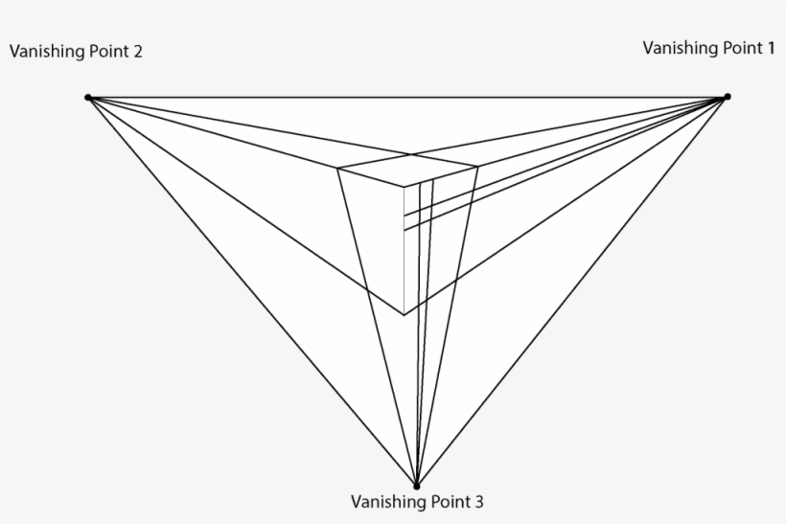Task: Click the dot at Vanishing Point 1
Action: point(727,97)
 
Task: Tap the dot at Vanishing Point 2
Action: point(87,98)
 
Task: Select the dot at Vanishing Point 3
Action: point(416,486)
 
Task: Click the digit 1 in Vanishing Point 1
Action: point(771,47)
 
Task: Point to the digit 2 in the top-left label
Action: point(138,52)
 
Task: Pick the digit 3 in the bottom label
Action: point(479,501)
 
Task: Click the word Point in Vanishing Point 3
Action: point(449,501)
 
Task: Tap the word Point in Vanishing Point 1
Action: point(740,47)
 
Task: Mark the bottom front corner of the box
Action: point(404,314)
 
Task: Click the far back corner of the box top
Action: point(413,154)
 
